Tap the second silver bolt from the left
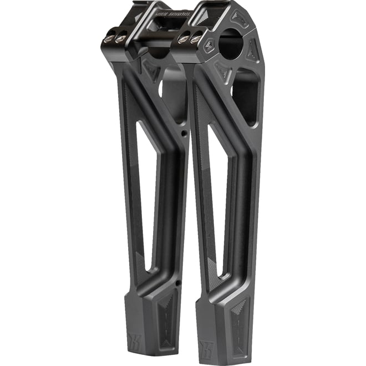(120, 39)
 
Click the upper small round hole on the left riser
(184, 134)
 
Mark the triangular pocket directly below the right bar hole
(225, 72)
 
